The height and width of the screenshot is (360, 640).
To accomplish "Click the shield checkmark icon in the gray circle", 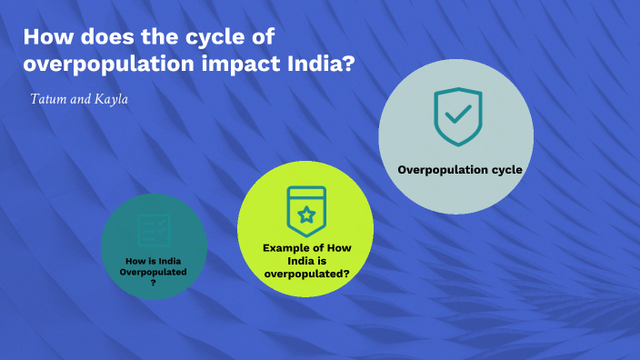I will (x=456, y=117).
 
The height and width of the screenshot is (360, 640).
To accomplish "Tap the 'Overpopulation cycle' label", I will (x=456, y=169).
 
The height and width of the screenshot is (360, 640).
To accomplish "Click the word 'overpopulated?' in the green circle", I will (x=307, y=272).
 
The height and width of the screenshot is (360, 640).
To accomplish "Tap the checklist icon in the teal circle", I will (x=153, y=229).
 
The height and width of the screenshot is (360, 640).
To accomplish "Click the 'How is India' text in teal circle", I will (x=153, y=261).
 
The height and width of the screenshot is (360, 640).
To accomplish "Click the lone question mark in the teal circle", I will (x=153, y=282).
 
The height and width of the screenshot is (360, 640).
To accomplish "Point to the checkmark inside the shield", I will (x=457, y=115).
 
